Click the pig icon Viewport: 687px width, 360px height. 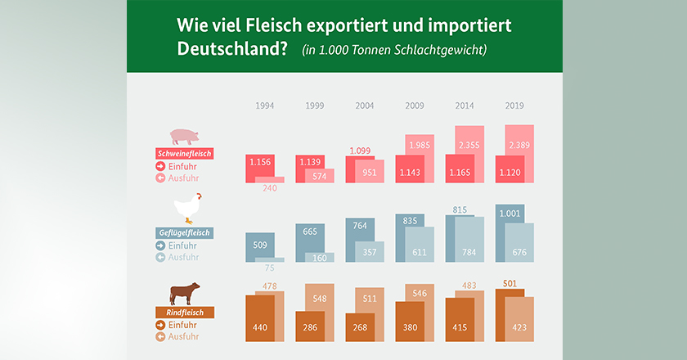(x=184, y=136)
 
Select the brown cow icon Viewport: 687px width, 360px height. (x=184, y=292)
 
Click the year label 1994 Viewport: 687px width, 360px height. (x=265, y=106)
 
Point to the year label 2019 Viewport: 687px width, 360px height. (x=514, y=106)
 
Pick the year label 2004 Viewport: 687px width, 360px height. (x=365, y=106)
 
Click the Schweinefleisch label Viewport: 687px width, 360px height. (x=184, y=153)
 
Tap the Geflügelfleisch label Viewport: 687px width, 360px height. (x=184, y=232)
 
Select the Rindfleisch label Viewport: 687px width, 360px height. (x=184, y=312)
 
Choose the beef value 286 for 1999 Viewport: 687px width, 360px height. (x=310, y=326)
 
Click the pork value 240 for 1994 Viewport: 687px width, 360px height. (x=270, y=188)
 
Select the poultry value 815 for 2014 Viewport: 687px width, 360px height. (x=460, y=210)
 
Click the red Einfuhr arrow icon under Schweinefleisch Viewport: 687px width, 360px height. (x=160, y=166)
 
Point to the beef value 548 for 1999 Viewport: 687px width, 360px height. (x=320, y=298)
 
